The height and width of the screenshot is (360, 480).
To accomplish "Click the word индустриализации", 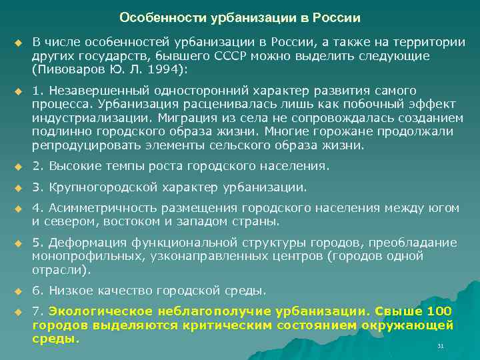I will click(x=81, y=117).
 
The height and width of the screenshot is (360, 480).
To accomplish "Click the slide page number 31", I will click(x=439, y=346).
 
